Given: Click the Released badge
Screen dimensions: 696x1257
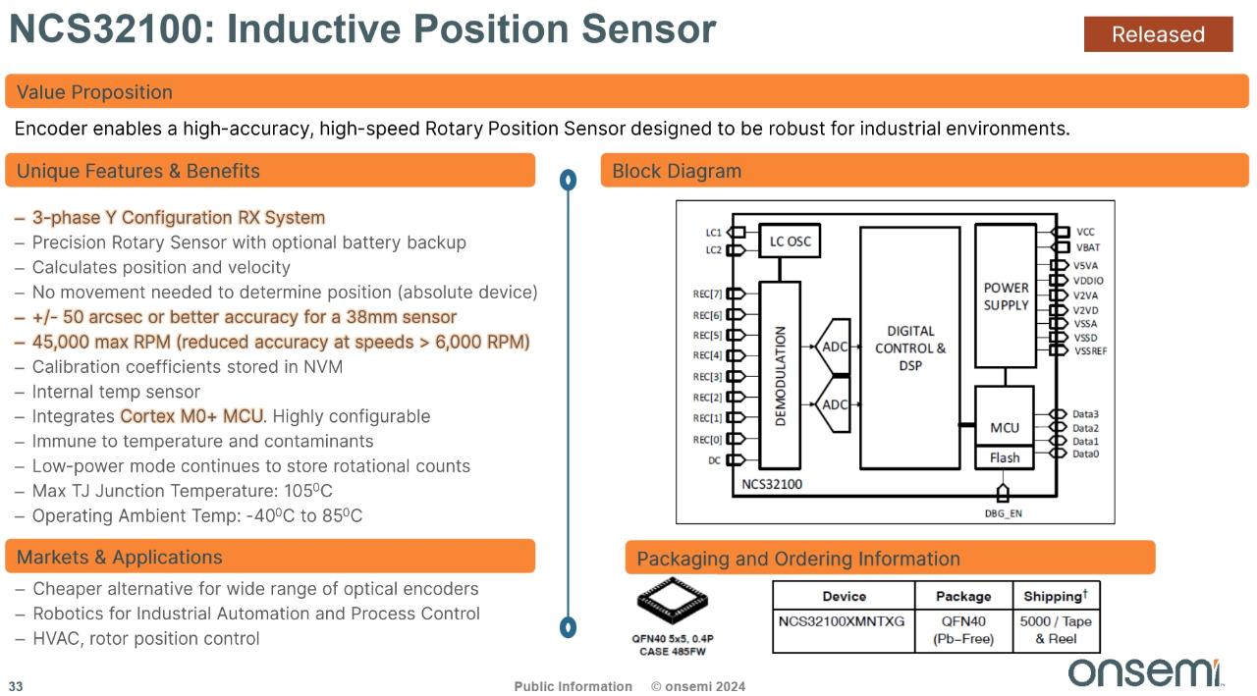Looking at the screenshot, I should coord(1158,34).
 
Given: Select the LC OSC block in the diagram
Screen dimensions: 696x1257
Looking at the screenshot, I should coord(790,241).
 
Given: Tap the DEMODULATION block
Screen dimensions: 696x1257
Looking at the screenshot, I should coord(781,375).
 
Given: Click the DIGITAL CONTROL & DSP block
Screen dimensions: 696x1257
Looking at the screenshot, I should coord(909,348).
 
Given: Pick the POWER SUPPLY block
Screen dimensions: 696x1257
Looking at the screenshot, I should coord(1006,295).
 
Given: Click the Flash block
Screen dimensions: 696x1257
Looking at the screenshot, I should coord(1005,457).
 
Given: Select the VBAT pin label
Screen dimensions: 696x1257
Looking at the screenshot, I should coord(1088,247).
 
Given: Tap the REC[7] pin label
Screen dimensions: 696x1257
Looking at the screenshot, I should coord(707,294).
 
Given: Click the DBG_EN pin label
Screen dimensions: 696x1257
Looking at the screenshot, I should coord(1003,512).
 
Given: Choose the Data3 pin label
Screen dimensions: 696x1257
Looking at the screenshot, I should coord(1085,414).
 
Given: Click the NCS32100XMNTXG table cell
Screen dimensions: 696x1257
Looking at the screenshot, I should coord(843,621).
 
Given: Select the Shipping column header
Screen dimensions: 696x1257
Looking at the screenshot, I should coord(1056,596).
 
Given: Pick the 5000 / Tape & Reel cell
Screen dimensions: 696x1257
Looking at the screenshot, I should coord(1056,629).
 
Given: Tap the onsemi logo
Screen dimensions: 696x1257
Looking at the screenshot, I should coord(1144,671).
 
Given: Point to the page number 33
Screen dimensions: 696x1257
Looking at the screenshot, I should coord(16,686).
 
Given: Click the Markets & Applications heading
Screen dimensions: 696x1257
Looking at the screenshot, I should coord(119,558).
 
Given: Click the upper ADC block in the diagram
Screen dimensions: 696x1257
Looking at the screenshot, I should coord(833,346).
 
